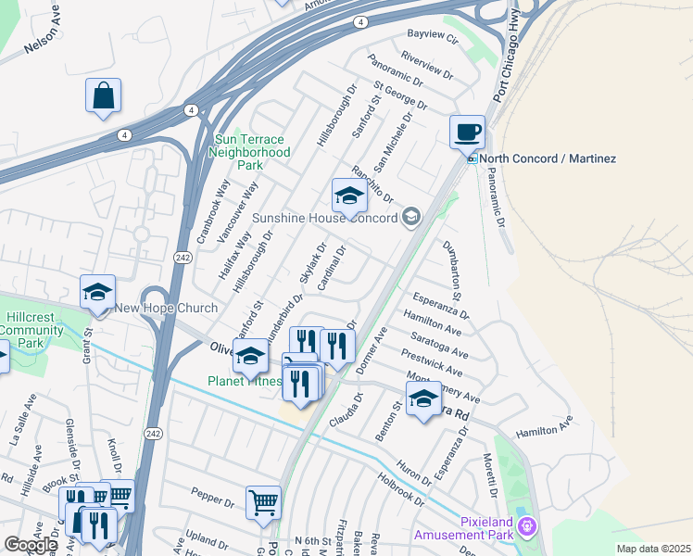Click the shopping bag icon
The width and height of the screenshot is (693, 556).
(x=104, y=95)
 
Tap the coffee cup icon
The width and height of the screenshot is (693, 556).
(x=467, y=131)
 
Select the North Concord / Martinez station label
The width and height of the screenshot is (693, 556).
(x=548, y=158)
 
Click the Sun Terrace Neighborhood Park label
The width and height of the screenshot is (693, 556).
(x=251, y=152)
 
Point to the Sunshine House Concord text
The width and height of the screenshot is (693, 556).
(x=324, y=218)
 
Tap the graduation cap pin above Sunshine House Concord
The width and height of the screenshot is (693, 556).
(x=348, y=196)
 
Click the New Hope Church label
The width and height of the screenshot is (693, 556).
(x=167, y=308)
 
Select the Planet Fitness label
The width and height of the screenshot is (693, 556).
(x=244, y=381)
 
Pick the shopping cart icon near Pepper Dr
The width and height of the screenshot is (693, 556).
(x=264, y=502)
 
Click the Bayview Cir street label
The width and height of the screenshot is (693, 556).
(x=433, y=37)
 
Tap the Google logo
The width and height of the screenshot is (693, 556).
(x=30, y=545)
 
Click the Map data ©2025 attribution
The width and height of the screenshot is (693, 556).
(x=654, y=549)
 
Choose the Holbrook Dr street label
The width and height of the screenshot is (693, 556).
(x=401, y=490)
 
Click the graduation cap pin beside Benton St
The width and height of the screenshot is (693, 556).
(x=423, y=398)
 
